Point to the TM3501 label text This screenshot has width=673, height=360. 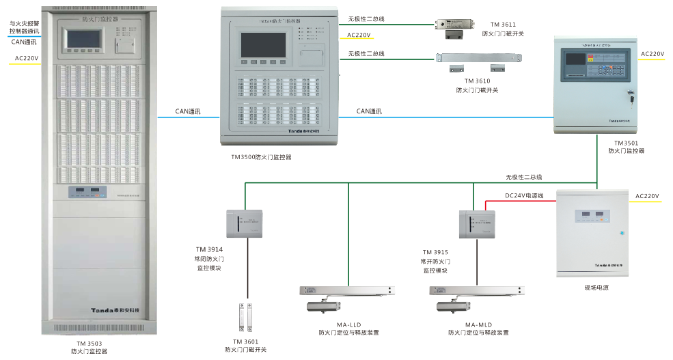[x=625, y=143]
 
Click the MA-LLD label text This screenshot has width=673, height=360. [x=348, y=324]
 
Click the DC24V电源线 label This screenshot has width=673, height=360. [x=524, y=196]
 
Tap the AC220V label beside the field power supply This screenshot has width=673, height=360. [x=647, y=197]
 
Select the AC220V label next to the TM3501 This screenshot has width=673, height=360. [x=652, y=53]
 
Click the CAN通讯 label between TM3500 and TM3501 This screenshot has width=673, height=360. [x=369, y=111]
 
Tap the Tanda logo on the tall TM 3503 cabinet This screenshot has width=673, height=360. [x=115, y=309]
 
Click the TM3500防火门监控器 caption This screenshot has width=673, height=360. [x=261, y=157]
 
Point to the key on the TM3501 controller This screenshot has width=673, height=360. [x=631, y=98]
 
